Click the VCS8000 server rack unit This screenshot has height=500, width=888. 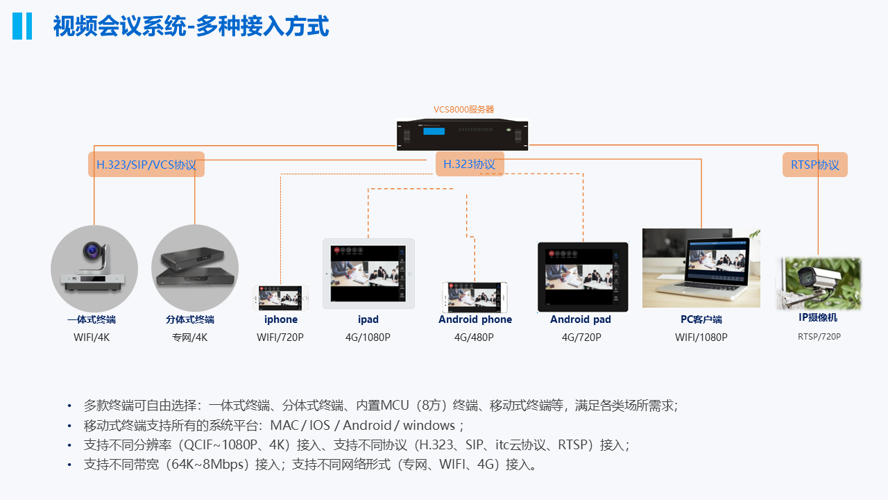(x=462, y=135)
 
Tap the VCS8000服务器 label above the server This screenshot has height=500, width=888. (x=464, y=110)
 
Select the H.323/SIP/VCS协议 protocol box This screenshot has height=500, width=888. (x=146, y=165)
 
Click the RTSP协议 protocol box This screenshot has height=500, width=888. (x=815, y=165)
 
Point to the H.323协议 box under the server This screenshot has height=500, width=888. (x=470, y=164)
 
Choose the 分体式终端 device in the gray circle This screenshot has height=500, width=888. (x=194, y=268)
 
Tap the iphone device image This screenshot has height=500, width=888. (x=280, y=298)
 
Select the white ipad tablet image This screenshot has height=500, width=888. (x=368, y=274)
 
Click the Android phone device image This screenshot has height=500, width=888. (x=475, y=297)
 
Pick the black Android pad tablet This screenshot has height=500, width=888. (x=583, y=277)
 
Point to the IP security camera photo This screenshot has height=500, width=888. (x=819, y=283)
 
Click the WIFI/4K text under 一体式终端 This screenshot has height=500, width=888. (x=92, y=337)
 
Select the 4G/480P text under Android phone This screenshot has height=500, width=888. (x=474, y=337)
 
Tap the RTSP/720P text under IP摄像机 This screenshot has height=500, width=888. (x=819, y=337)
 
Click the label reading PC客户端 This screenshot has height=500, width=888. (x=701, y=319)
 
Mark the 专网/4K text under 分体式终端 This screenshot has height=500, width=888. (x=190, y=337)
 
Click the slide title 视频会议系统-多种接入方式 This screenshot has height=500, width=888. (x=191, y=26)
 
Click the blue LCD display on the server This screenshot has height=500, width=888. (x=434, y=131)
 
